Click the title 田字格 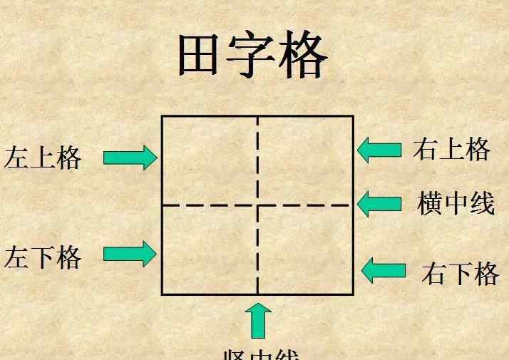pos(252,56)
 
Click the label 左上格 pos(43,158)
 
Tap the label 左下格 pos(43,257)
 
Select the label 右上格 pos(451,149)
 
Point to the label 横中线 pos(456,203)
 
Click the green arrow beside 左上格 pos(130,157)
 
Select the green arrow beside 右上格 pos(379,150)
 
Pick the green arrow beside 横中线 pos(379,204)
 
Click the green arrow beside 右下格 pos(384,270)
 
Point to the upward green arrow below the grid pos(258,320)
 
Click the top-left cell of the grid pos(210,160)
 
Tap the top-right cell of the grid pos(305,160)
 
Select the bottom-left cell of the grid pos(210,250)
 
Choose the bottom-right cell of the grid pos(305,250)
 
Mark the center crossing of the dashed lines pos(257,205)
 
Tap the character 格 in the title pos(302,56)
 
